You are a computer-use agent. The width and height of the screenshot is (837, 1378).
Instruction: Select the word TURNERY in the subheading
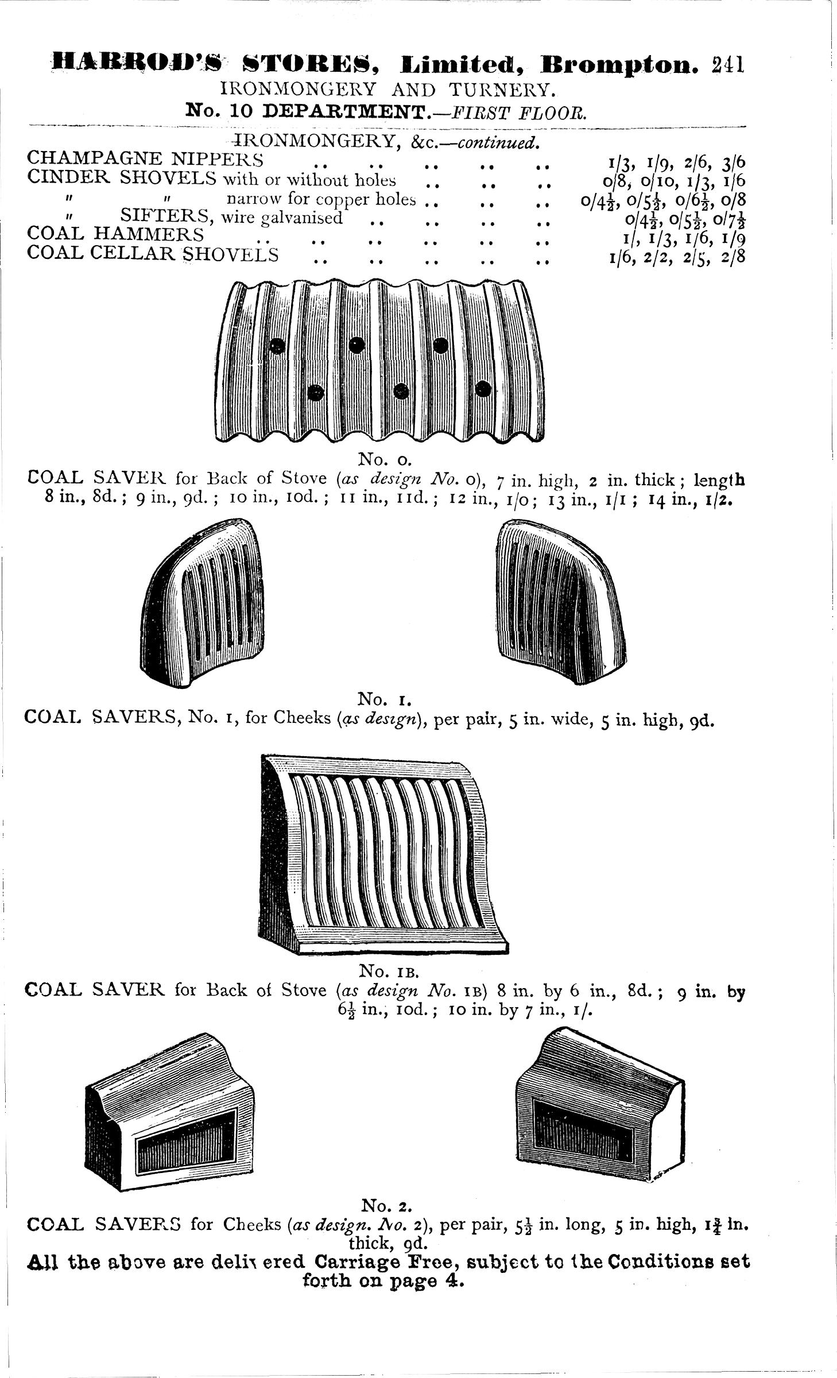pos(502,90)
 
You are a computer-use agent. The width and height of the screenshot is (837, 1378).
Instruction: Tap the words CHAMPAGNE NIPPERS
pos(146,159)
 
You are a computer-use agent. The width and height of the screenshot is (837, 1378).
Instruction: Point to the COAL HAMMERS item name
pos(115,234)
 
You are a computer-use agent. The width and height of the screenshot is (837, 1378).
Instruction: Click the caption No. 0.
pos(383,459)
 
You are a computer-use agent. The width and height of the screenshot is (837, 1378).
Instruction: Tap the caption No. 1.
pos(383,699)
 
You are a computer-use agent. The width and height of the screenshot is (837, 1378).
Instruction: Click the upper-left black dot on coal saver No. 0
pos(278,346)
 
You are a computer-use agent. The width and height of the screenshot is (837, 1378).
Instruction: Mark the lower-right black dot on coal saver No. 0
pos(484,389)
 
